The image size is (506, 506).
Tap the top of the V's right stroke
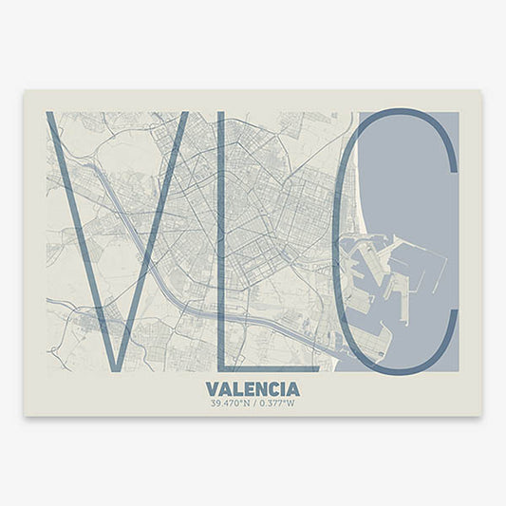181,115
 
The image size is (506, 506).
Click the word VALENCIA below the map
252,389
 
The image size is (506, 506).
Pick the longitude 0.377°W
276,403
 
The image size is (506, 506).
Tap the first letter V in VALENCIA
211,389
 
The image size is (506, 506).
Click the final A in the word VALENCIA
292,389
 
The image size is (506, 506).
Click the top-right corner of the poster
480,92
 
